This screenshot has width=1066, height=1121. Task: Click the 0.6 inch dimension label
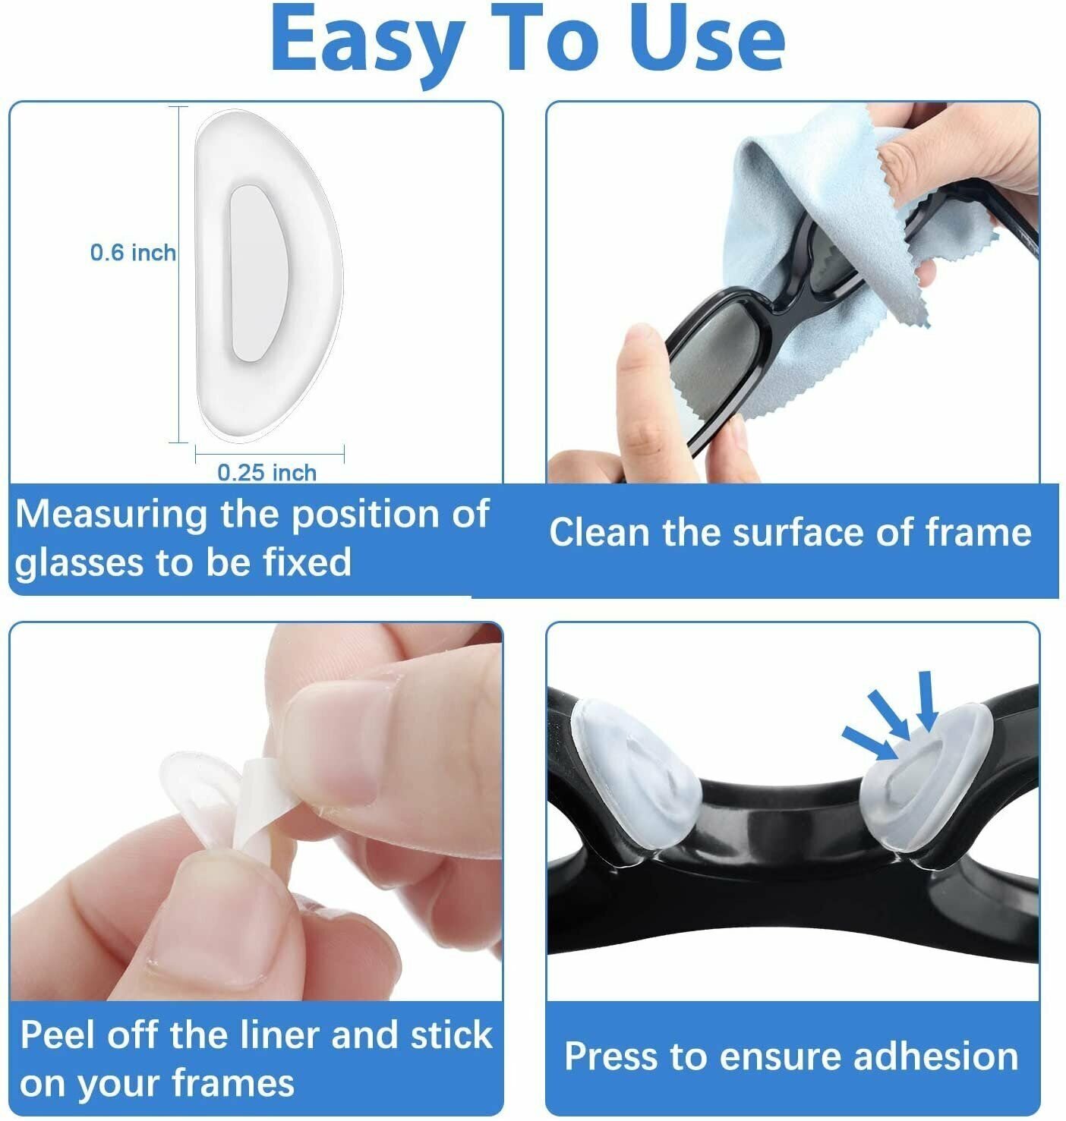point(133,253)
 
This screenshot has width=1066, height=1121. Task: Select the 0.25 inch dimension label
point(266,473)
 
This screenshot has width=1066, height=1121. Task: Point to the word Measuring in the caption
point(111,515)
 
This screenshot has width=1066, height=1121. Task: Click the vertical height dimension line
point(179,273)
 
